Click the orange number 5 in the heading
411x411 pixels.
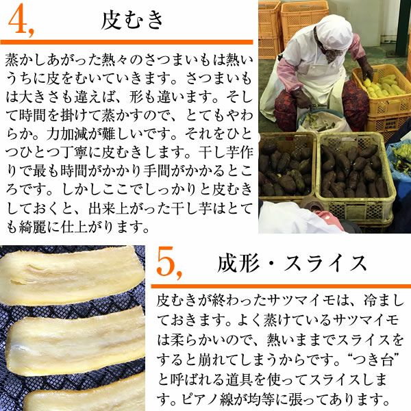coord(168,263)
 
